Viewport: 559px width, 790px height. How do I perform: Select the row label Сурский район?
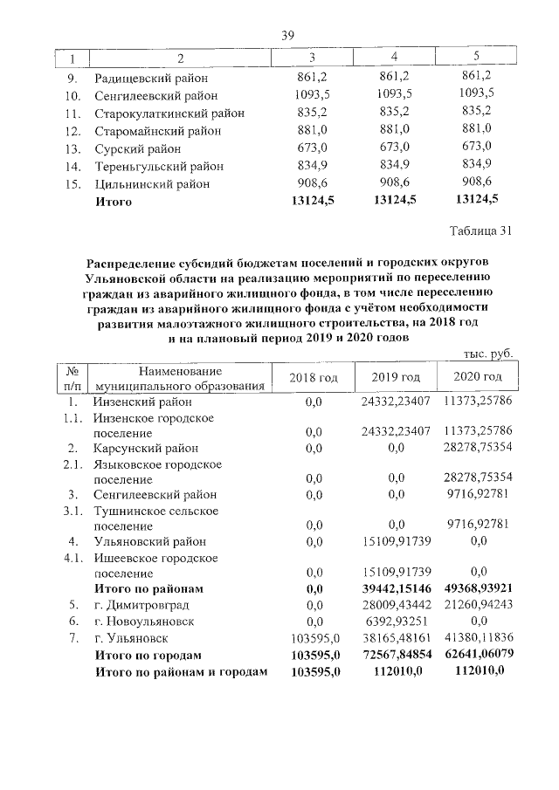[138, 148]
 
